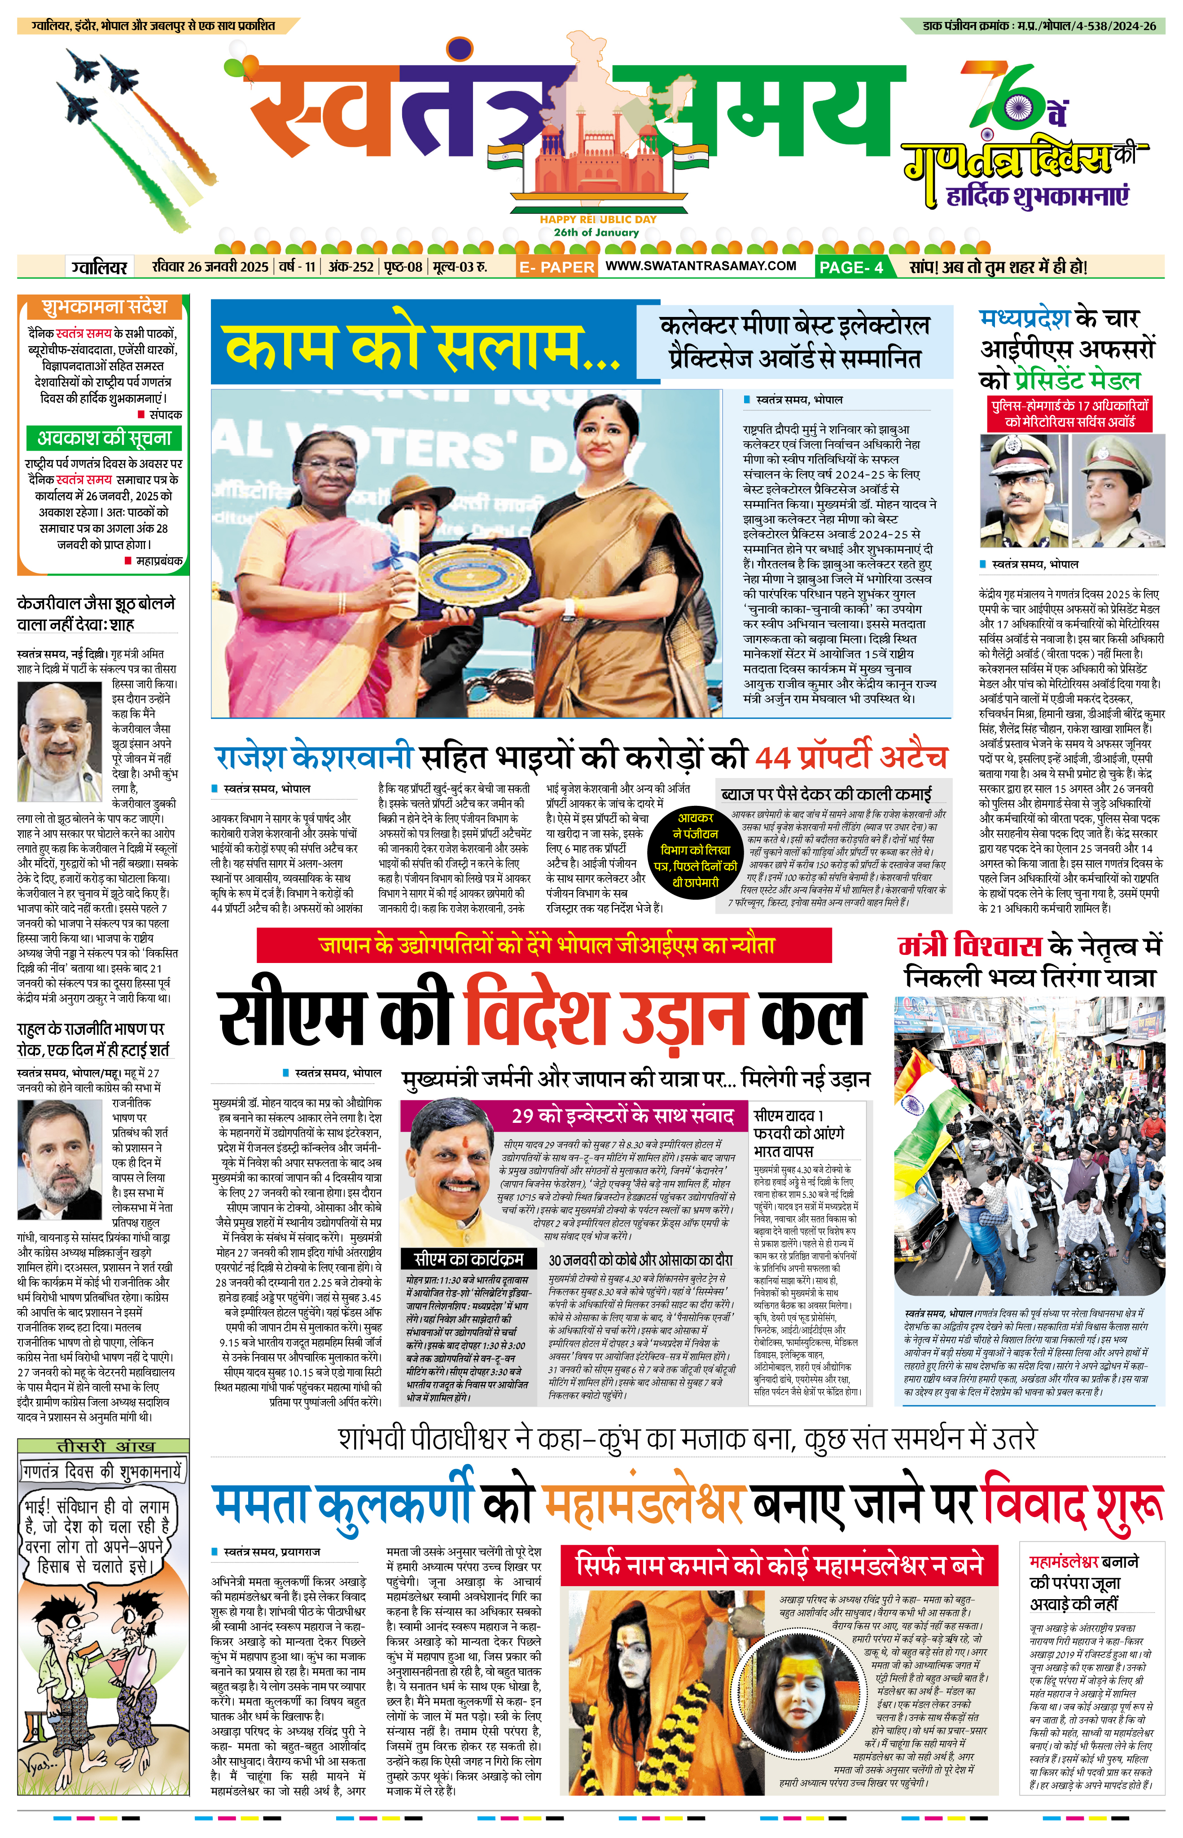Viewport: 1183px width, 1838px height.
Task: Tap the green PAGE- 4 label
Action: pyautogui.click(x=850, y=267)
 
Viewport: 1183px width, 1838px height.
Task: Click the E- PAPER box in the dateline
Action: pyautogui.click(x=556, y=267)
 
